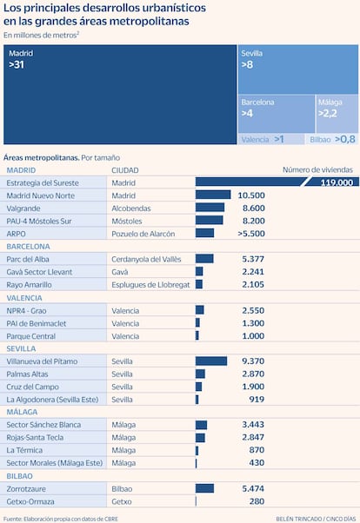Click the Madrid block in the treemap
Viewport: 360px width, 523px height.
coord(120,95)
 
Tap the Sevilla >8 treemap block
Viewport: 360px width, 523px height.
coord(298,70)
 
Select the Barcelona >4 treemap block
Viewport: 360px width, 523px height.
coord(277,114)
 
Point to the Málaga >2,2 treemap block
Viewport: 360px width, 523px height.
coord(337,114)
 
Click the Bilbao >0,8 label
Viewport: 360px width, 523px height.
coord(333,139)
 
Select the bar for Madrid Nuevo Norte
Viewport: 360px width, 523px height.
coord(213,195)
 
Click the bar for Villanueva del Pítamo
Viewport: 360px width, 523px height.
coord(211,361)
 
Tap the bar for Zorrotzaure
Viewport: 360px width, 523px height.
coord(204,488)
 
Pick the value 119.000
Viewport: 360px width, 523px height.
coord(337,182)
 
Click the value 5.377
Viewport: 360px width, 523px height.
coord(253,259)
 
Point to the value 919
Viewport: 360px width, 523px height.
coord(257,399)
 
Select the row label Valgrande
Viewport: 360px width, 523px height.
coord(23,209)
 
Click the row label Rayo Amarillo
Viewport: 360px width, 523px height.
coord(29,284)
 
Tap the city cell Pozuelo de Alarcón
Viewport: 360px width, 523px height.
coord(143,234)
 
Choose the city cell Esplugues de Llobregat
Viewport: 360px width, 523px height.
coord(150,285)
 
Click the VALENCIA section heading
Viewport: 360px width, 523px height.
coord(24,298)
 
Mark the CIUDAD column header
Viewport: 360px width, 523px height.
coord(125,170)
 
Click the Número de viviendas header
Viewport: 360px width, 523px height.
coord(317,169)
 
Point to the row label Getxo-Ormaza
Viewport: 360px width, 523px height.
coord(30,501)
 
